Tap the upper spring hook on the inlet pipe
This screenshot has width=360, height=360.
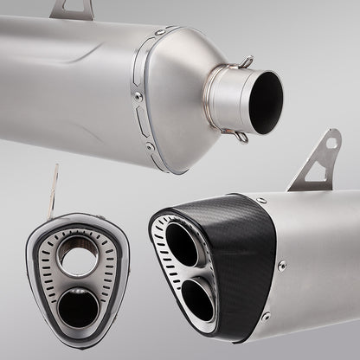point(246,62)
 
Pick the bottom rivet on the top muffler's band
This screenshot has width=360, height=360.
point(152,147)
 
